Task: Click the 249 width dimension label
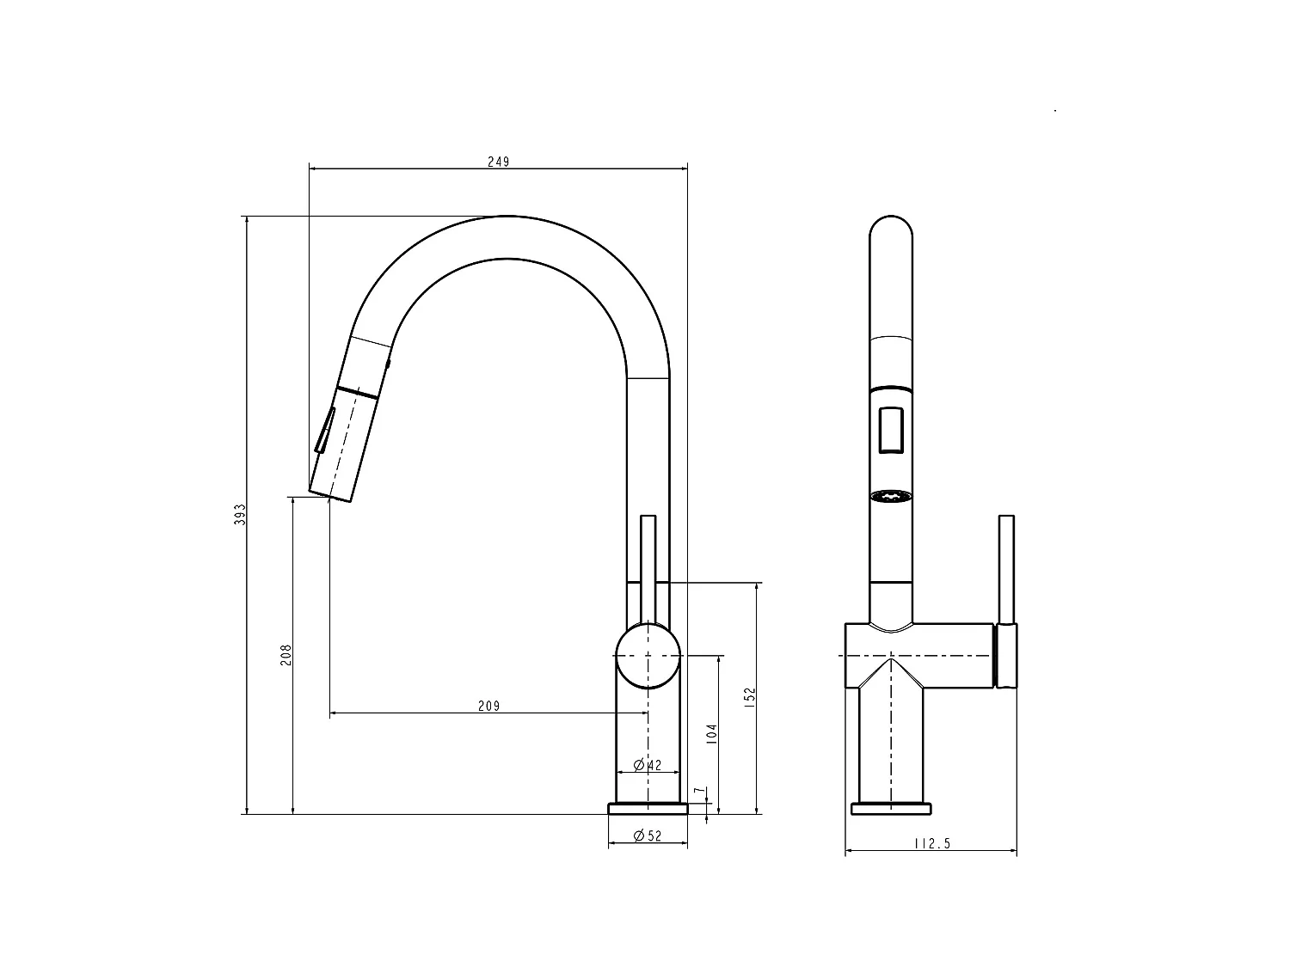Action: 498,162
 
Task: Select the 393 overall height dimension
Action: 241,514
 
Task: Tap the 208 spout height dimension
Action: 287,654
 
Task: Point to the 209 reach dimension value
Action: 488,707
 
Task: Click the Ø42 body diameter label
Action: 648,765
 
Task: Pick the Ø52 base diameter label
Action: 648,835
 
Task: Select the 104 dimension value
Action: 711,734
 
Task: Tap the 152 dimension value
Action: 750,695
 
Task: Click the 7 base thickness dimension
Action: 700,790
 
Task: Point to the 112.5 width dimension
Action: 932,844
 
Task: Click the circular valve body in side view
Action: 648,656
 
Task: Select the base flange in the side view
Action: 648,808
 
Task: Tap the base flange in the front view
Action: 891,808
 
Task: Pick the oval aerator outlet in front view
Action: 891,497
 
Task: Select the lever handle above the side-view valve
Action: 648,567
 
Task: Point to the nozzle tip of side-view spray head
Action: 329,493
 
